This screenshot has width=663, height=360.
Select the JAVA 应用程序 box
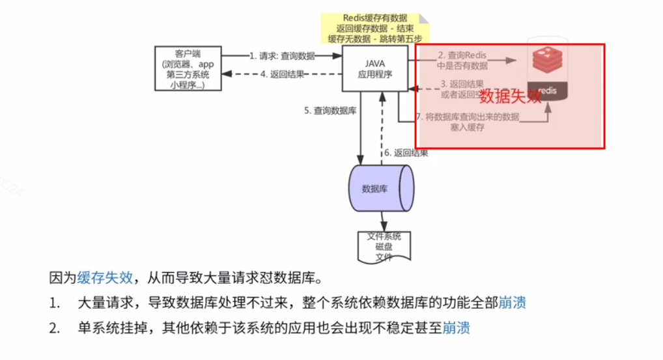click(x=374, y=68)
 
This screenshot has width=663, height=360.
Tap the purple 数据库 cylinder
click(x=380, y=189)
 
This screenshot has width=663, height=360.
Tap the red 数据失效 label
click(x=511, y=97)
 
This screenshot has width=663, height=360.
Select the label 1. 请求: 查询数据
click(x=281, y=56)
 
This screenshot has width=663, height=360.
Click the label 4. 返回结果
click(x=282, y=74)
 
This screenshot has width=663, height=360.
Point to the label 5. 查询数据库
click(x=330, y=111)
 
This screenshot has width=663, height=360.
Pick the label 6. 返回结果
click(x=406, y=153)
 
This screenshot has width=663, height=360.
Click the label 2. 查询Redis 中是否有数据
click(x=462, y=61)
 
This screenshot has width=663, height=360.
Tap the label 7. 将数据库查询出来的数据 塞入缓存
click(x=467, y=122)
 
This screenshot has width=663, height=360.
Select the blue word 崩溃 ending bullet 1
click(x=512, y=303)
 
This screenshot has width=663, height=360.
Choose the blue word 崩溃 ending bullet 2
click(x=456, y=327)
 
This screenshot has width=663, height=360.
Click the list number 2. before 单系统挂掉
click(x=54, y=327)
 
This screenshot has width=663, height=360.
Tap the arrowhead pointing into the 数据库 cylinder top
click(x=359, y=159)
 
